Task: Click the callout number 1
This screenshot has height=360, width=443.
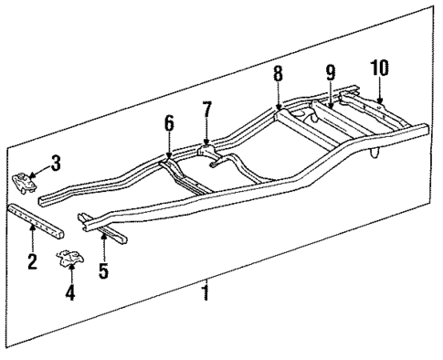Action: (x=206, y=293)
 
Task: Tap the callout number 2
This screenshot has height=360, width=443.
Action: (x=31, y=263)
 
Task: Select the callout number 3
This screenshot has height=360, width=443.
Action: (x=57, y=164)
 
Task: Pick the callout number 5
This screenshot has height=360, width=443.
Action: (x=103, y=270)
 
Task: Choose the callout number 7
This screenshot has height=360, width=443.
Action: (x=207, y=111)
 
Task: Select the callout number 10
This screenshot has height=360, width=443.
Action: (x=379, y=68)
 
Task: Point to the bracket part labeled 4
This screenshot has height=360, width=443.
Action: (x=69, y=261)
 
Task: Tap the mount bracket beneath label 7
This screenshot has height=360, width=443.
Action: (x=207, y=149)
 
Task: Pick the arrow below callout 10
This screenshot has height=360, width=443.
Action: (x=379, y=91)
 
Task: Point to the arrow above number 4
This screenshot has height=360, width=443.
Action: (x=71, y=276)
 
